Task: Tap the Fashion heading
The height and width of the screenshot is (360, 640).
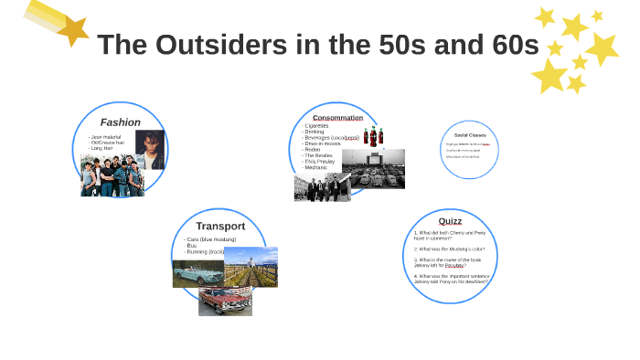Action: [120, 122]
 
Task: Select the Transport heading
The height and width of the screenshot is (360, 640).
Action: [220, 226]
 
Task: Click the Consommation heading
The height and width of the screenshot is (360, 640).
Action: [337, 117]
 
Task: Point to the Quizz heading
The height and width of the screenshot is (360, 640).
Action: [450, 221]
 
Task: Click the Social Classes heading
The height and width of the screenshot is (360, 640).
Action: [470, 134]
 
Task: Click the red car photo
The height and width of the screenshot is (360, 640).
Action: [224, 301]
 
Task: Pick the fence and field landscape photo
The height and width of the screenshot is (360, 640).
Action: [251, 266]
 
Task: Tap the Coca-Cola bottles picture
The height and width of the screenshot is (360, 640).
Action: [374, 137]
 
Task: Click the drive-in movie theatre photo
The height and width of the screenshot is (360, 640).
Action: [373, 169]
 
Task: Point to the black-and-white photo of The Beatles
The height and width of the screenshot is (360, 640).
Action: [322, 186]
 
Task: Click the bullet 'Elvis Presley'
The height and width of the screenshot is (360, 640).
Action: [321, 162]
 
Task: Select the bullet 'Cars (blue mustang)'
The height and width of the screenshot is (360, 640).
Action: [216, 239]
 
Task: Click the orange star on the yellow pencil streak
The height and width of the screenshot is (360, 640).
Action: [71, 31]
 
